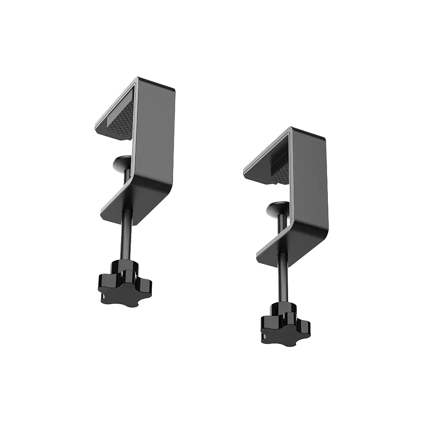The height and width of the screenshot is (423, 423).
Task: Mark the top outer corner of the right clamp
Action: click(291, 128)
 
